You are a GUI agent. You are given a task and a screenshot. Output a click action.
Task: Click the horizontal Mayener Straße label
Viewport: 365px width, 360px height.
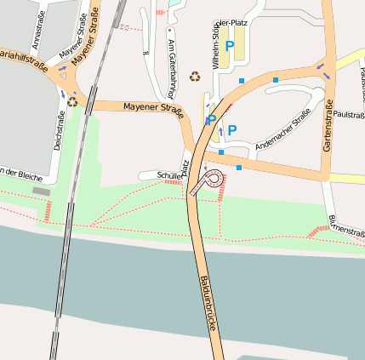tap(153, 108)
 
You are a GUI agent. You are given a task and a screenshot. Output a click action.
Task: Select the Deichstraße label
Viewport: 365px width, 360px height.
tap(58, 133)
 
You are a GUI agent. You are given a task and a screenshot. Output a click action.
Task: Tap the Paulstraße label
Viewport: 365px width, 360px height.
tap(349, 114)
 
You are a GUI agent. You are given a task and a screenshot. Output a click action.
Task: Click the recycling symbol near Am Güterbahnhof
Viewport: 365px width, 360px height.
tap(195, 77)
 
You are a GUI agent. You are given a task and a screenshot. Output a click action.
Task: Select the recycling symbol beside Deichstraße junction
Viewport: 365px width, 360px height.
tap(72, 101)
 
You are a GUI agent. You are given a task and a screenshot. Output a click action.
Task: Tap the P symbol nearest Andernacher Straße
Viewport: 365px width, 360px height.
tap(231, 130)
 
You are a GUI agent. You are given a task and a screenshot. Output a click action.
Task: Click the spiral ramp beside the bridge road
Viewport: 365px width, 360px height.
tap(213, 178)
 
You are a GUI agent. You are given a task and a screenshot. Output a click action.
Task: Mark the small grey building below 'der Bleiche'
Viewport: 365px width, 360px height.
tap(41, 191)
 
